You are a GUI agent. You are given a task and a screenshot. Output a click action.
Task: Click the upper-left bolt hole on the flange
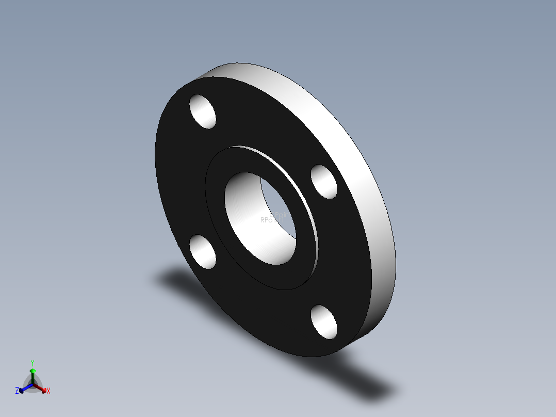(203, 111)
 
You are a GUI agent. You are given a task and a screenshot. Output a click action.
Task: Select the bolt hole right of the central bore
(324, 182)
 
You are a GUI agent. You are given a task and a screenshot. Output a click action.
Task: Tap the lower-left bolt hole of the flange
(203, 252)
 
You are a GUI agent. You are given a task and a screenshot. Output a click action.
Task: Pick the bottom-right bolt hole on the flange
(324, 322)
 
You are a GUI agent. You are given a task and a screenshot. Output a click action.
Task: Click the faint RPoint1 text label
(272, 220)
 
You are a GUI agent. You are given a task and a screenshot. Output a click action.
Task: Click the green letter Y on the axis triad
(32, 363)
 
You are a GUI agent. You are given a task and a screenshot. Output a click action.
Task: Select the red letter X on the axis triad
(48, 391)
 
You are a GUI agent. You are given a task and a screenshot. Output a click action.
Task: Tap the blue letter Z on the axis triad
(17, 391)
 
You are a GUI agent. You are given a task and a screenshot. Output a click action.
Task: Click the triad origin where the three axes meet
(32, 384)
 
